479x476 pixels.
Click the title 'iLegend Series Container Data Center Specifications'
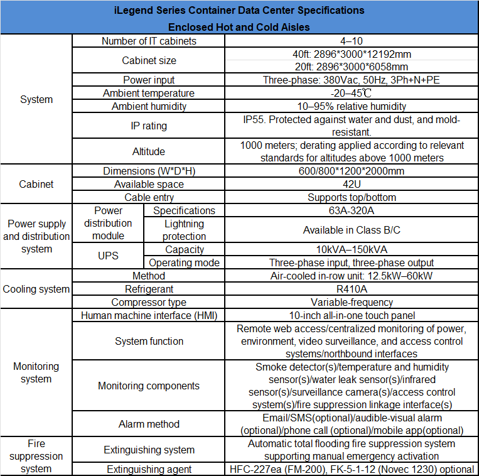(239, 10)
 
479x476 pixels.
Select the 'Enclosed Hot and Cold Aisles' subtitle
(239, 27)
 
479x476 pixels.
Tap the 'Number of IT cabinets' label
(149, 41)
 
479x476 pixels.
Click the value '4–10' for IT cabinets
(351, 41)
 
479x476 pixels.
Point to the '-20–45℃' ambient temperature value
(351, 93)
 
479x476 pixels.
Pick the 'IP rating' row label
(149, 126)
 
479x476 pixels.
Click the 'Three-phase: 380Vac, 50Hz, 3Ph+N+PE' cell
(351, 80)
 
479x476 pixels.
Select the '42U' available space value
(351, 184)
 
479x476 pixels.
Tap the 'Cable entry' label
(149, 197)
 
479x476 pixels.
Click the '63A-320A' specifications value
(351, 210)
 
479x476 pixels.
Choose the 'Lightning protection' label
(184, 230)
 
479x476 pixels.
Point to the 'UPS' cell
(109, 256)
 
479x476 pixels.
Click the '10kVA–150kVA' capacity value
(351, 250)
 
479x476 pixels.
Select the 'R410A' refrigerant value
(351, 289)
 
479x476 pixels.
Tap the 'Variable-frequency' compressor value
(351, 302)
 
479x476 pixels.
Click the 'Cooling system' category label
(36, 289)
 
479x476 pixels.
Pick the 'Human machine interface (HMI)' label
(149, 315)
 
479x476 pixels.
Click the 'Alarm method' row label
(149, 425)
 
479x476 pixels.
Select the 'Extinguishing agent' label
(149, 469)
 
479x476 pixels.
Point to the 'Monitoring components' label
(149, 386)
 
